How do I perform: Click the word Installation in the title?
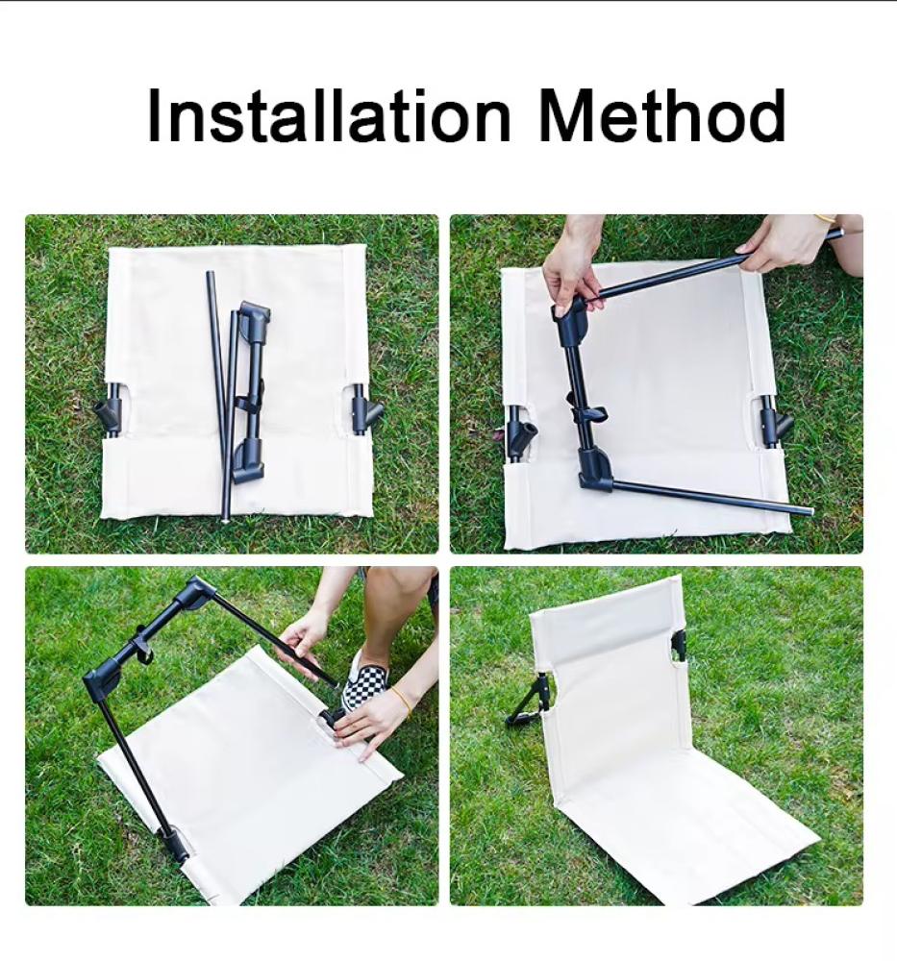click(x=329, y=115)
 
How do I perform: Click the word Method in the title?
click(x=661, y=115)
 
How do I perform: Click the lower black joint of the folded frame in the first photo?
click(x=250, y=459)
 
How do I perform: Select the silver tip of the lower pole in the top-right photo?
click(x=810, y=510)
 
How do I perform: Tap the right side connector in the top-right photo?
click(x=774, y=421)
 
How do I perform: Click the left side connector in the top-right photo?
click(x=520, y=432)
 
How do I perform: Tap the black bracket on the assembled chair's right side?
click(x=679, y=646)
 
